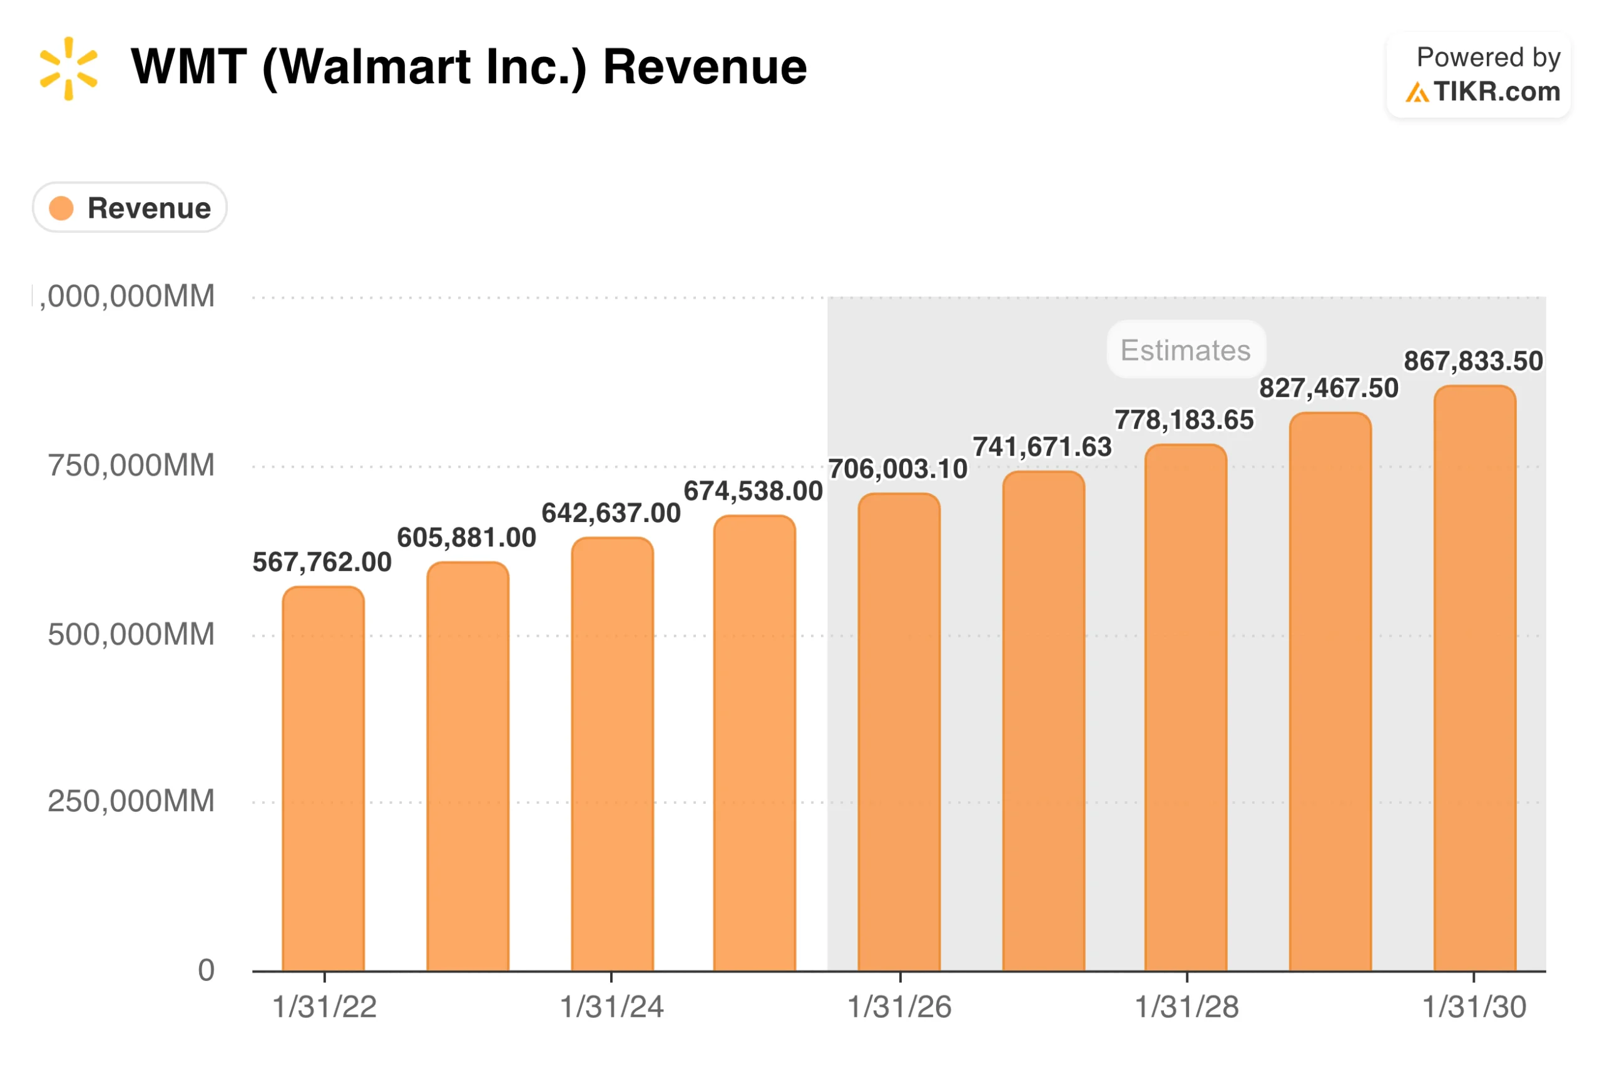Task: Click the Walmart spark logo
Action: tap(68, 68)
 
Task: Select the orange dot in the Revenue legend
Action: tap(61, 208)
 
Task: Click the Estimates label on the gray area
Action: tap(1185, 350)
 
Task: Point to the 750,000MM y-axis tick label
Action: tap(131, 466)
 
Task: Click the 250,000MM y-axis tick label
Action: tap(131, 801)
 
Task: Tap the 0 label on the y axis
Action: tap(206, 970)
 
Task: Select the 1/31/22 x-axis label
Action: tap(324, 1007)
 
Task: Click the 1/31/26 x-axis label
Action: tap(899, 1007)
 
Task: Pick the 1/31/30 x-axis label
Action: tap(1474, 1007)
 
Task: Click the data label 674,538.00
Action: tap(753, 491)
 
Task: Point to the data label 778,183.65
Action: tap(1184, 420)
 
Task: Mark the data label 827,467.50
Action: tap(1329, 388)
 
